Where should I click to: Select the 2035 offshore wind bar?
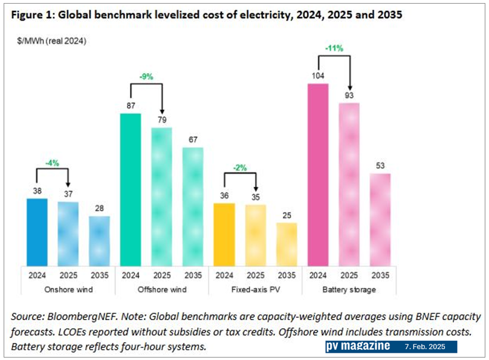pyautogui.click(x=193, y=206)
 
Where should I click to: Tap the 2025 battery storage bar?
pyautogui.click(x=349, y=184)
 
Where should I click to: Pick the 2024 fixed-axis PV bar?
pyautogui.click(x=224, y=234)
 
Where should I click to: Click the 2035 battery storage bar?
pyautogui.click(x=380, y=220)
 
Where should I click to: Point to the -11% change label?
pyautogui.click(x=334, y=48)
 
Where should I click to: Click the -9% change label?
pyautogui.click(x=146, y=77)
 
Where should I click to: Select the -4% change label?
pyautogui.click(x=53, y=163)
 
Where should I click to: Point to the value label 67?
pyautogui.click(x=193, y=140)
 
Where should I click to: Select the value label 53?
pyautogui.click(x=380, y=166)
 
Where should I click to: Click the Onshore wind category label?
pyautogui.click(x=68, y=290)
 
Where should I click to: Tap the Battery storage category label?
pyautogui.click(x=349, y=290)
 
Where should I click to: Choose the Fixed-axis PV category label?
pyautogui.click(x=256, y=290)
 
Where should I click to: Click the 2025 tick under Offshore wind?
pyautogui.click(x=162, y=274)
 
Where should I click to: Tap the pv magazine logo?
pyautogui.click(x=358, y=347)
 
